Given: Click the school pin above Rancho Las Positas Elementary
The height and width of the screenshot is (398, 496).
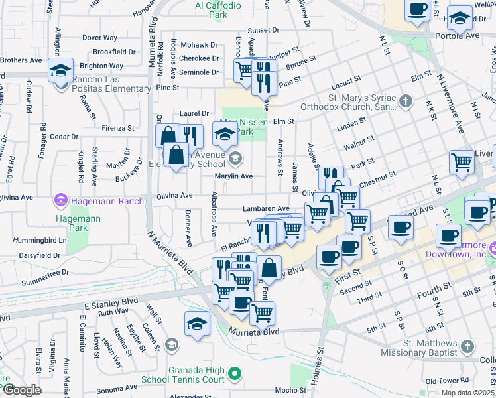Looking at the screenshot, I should [60, 70].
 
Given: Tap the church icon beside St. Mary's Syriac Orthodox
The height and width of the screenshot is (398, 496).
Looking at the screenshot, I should [407, 101].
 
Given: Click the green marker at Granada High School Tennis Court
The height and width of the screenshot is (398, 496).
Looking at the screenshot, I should [233, 375].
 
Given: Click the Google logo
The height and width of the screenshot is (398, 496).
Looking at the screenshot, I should [22, 389].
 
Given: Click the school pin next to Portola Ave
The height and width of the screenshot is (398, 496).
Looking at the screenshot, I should [460, 19].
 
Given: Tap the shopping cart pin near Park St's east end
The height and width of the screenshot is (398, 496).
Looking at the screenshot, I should [462, 162].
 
